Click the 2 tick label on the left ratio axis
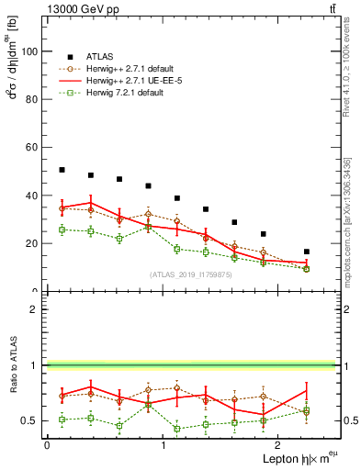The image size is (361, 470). pos(36,309)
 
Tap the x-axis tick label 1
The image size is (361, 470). pos(164,445)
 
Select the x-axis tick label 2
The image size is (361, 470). pos(280,445)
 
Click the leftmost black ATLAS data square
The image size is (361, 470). pos(62,170)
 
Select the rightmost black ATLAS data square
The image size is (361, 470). pos(306,252)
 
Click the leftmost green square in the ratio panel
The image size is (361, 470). pos(62,420)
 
